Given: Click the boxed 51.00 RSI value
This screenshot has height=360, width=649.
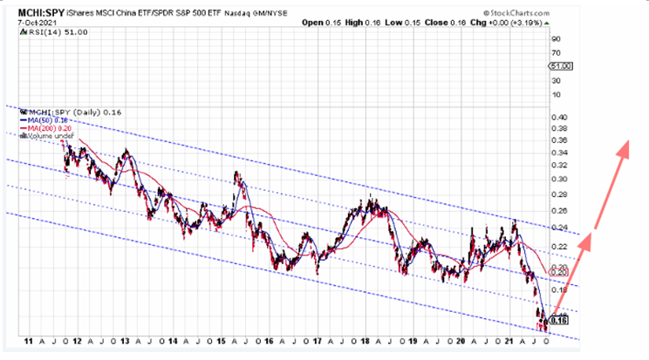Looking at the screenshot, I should (x=559, y=66).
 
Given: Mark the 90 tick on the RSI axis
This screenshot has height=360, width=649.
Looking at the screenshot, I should (x=554, y=39).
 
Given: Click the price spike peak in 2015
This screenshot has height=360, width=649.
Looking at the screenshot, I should (x=236, y=173).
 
